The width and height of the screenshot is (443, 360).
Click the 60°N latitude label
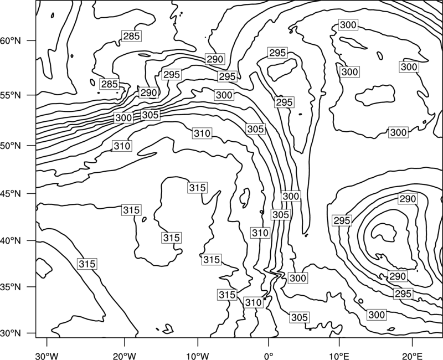(11, 40)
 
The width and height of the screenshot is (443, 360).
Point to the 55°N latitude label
(11, 95)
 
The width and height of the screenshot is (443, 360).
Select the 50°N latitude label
(11, 146)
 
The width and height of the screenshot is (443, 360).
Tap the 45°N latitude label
(11, 193)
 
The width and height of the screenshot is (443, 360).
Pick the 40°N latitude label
(11, 241)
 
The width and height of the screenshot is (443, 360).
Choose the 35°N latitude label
(11, 287)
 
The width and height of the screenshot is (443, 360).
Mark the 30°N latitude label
(11, 333)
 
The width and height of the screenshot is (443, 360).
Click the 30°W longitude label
(47, 356)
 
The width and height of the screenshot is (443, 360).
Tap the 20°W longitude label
(124, 356)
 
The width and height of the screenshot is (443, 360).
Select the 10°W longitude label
(198, 356)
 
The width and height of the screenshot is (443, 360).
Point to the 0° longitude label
(269, 356)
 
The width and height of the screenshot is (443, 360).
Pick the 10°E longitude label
(339, 356)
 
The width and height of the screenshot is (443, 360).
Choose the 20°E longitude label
(413, 356)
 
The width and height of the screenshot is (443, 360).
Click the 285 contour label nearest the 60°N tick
(131, 36)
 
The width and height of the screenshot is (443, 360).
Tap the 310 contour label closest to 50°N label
(122, 146)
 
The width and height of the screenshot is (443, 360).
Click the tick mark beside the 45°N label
(32, 193)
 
